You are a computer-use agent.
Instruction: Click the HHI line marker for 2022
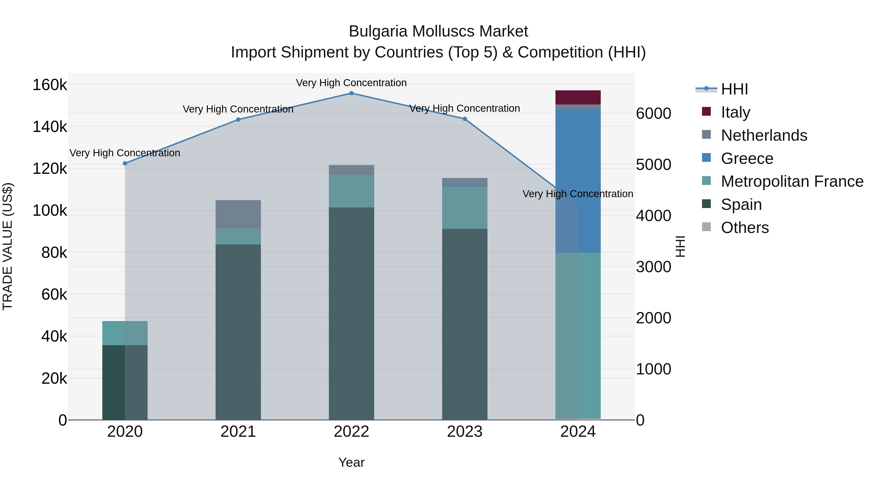pyautogui.click(x=351, y=93)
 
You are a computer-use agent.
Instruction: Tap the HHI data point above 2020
pyautogui.click(x=125, y=163)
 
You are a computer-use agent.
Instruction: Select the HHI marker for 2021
pyautogui.click(x=238, y=120)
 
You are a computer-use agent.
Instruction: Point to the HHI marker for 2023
pyautogui.click(x=465, y=119)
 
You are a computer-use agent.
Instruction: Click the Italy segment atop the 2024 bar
pyautogui.click(x=578, y=97)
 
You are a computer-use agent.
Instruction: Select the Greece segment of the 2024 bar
pyautogui.click(x=589, y=180)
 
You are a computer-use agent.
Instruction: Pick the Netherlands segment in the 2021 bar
pyautogui.click(x=238, y=214)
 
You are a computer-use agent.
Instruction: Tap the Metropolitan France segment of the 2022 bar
pyautogui.click(x=351, y=191)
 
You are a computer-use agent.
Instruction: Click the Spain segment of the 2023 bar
pyautogui.click(x=465, y=323)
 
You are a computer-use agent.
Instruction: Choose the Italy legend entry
pyautogui.click(x=735, y=112)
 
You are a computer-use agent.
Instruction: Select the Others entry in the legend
pyautogui.click(x=744, y=227)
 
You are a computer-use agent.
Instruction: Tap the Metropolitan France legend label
pyautogui.click(x=792, y=181)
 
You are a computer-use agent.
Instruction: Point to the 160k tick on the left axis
pyautogui.click(x=50, y=85)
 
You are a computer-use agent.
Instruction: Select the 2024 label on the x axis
pyautogui.click(x=578, y=432)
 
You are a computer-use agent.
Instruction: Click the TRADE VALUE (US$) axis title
pyautogui.click(x=8, y=246)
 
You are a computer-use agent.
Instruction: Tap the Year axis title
pyautogui.click(x=351, y=462)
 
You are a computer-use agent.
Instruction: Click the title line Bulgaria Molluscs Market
pyautogui.click(x=438, y=31)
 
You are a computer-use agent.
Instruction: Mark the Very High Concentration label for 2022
pyautogui.click(x=351, y=83)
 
